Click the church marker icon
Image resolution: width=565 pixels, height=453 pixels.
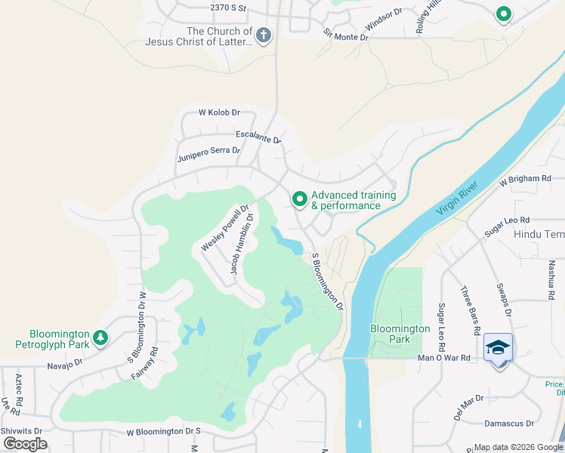point(263,35)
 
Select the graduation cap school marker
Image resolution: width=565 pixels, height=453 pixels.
point(498,347)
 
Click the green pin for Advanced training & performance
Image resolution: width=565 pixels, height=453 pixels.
point(299,199)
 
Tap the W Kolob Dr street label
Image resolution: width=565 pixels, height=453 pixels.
point(219,112)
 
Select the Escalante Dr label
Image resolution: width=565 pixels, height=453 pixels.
point(258,137)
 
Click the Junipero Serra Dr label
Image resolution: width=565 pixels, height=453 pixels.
point(208,154)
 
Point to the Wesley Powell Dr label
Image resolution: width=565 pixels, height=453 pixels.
point(225,228)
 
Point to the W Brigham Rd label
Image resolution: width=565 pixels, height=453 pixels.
point(525,179)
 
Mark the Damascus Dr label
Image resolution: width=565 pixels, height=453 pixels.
point(509,424)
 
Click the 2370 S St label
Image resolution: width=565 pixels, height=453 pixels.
point(229,8)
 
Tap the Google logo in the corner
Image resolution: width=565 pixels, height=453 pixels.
point(26,444)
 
